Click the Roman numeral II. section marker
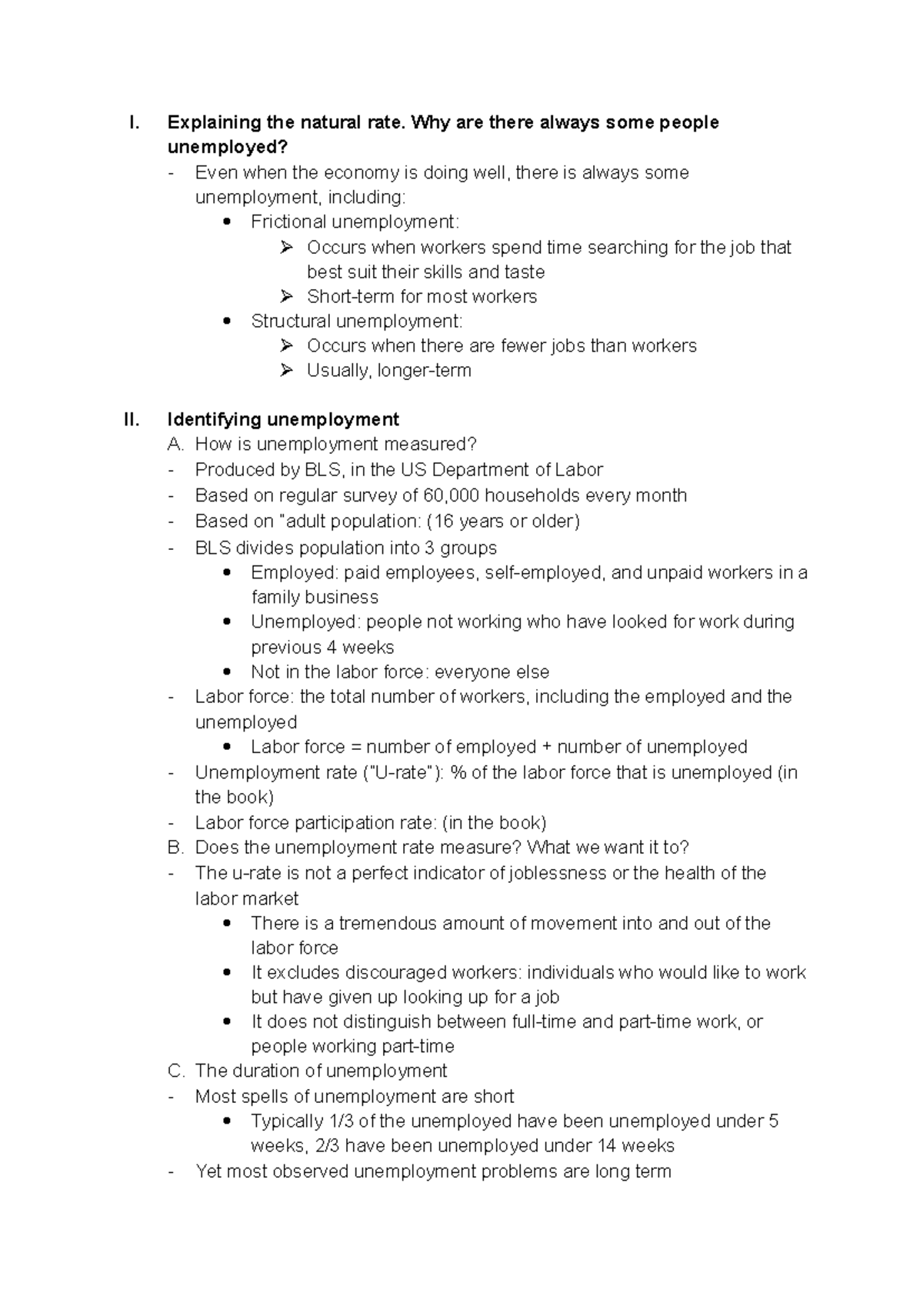pyautogui.click(x=132, y=419)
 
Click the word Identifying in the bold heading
pyautogui.click(x=215, y=419)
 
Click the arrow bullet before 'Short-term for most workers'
pyautogui.click(x=287, y=296)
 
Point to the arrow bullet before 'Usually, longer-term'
pyautogui.click(x=287, y=371)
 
